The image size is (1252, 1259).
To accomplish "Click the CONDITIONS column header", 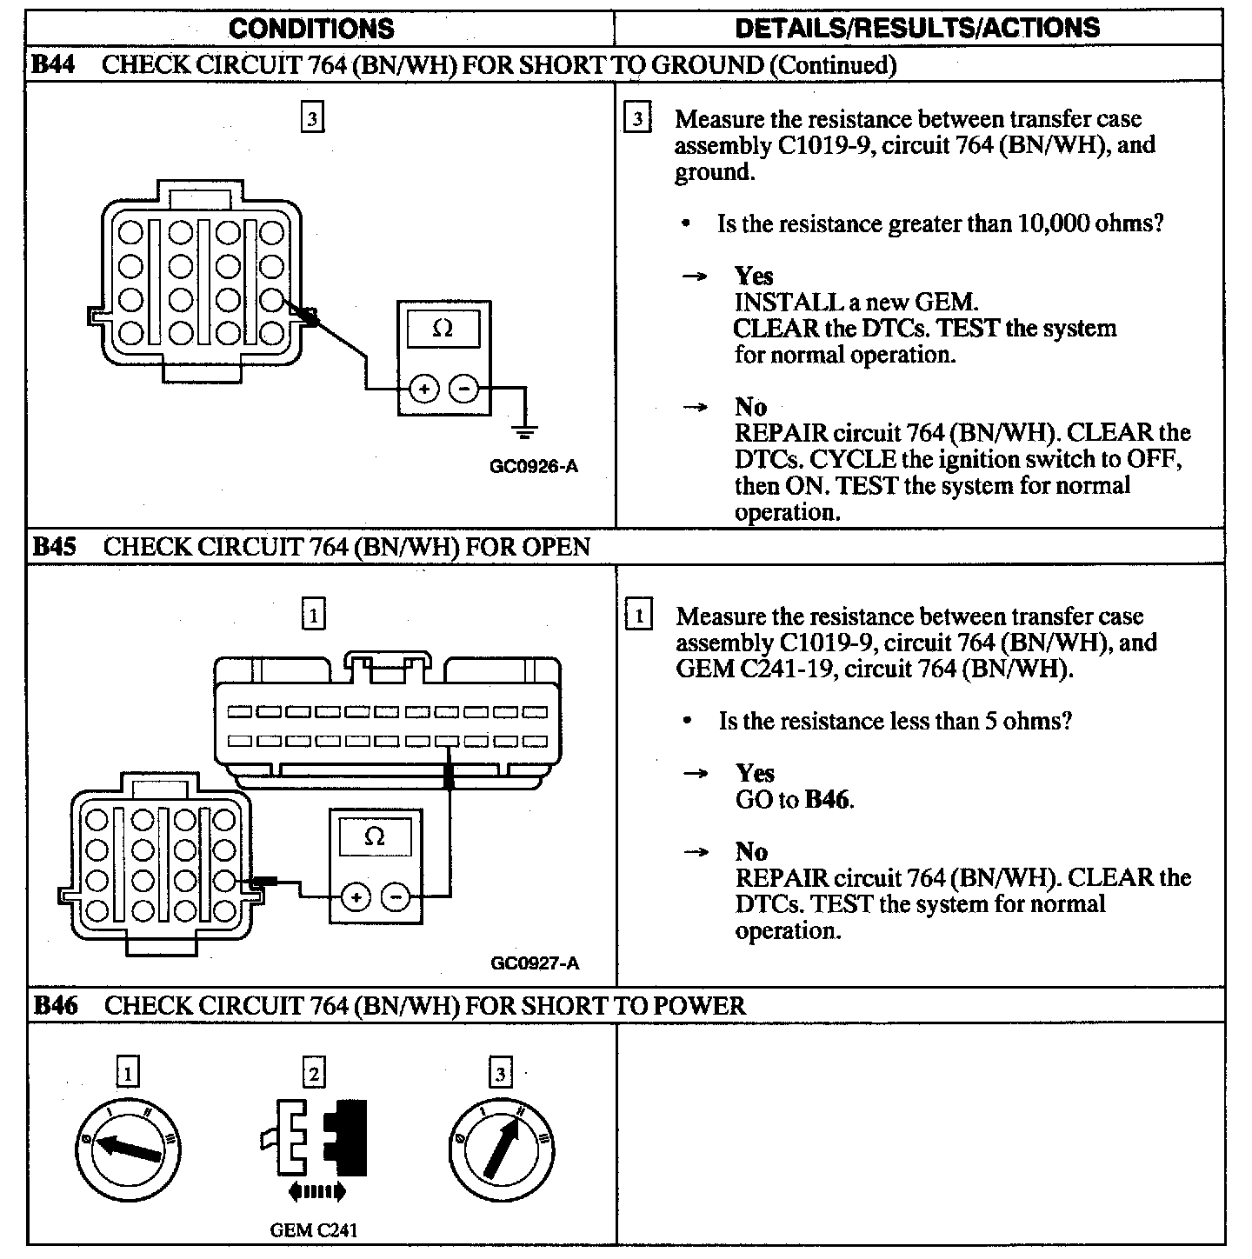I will (311, 29).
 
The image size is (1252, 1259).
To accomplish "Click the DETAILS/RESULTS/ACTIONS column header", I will (917, 28).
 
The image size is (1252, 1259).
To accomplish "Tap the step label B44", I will (53, 65).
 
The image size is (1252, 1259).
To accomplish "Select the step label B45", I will (54, 547).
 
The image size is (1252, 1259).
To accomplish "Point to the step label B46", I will (55, 1006).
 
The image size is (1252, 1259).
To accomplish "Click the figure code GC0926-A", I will (534, 466).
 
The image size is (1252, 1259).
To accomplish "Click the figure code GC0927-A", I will (535, 963).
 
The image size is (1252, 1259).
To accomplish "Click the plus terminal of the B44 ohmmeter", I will (424, 389).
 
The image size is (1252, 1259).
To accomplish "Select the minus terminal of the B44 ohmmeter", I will (464, 389).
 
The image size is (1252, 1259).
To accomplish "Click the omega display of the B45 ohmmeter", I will (375, 836).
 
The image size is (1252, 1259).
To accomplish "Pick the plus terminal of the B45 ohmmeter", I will (355, 896).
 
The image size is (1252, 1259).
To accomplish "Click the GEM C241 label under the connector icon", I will (313, 1229).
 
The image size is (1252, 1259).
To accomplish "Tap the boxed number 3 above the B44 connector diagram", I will (312, 117).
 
